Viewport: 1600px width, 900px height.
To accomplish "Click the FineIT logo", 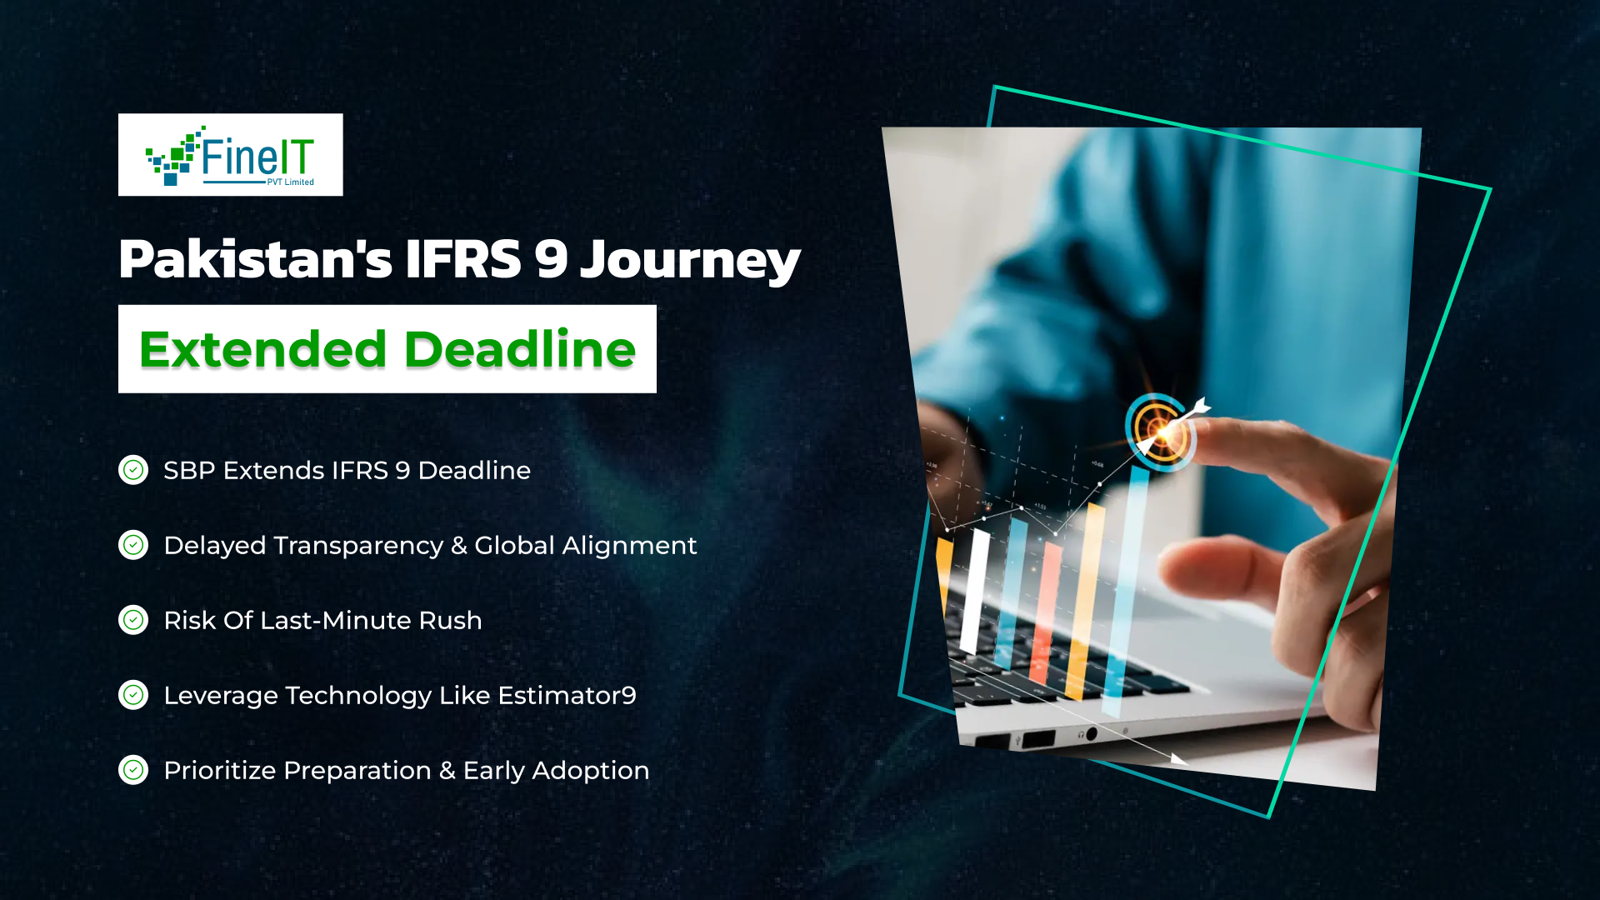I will (230, 155).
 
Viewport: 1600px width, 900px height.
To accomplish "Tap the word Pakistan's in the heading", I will (254, 259).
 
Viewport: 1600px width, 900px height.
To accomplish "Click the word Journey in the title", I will (690, 259).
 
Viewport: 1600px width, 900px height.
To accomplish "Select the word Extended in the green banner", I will (262, 349).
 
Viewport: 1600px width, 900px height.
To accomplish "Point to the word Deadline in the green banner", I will (520, 349).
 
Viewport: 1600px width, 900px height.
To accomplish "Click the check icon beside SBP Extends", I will (133, 470).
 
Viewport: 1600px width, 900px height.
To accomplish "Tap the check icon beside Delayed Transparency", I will (133, 545).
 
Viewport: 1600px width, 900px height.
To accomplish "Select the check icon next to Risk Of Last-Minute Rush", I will (133, 620).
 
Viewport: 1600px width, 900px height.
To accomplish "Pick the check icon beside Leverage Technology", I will (133, 695).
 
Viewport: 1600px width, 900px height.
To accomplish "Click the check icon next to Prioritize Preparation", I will (133, 770).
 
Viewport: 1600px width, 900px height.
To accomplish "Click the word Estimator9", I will (567, 695).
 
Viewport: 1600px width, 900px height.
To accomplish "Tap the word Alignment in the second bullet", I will (629, 545).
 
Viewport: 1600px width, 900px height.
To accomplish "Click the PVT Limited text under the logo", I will (290, 182).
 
